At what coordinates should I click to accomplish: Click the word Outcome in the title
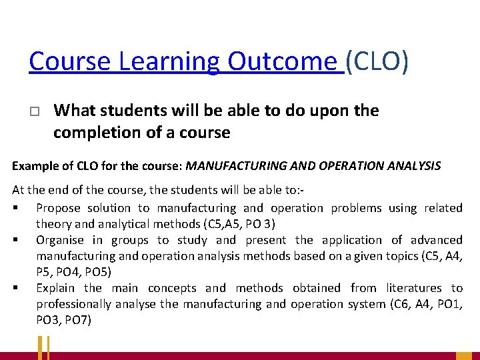pos(283,61)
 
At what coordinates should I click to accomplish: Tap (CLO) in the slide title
pos(378,61)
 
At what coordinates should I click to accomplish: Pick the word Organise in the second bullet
pos(60,240)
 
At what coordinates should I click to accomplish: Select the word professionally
pos(73,304)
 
